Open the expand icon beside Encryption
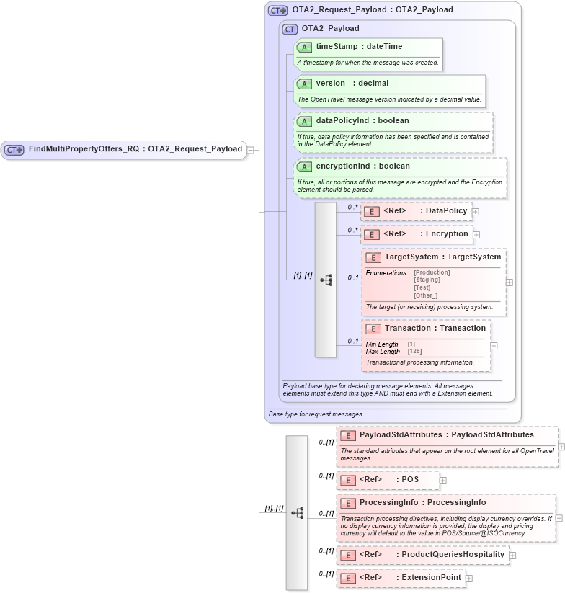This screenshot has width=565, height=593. [476, 234]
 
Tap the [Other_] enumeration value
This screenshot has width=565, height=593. [426, 295]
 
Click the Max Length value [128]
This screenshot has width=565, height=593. [416, 352]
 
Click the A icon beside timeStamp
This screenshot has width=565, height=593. [305, 47]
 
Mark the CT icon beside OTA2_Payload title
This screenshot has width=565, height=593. [290, 30]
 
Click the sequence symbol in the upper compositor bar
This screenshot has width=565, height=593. [326, 280]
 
